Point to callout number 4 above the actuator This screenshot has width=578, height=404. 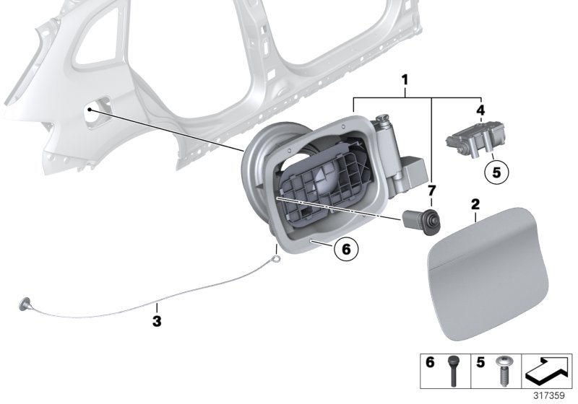click(x=480, y=110)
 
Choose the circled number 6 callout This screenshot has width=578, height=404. click(x=345, y=250)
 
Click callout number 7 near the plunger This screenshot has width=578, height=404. click(x=431, y=190)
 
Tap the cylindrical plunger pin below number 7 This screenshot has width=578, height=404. click(x=423, y=220)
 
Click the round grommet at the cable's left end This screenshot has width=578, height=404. click(x=26, y=304)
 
